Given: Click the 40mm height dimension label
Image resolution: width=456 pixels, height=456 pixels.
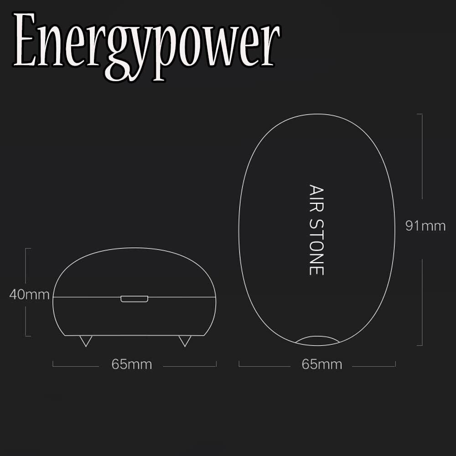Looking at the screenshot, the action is coord(29,295).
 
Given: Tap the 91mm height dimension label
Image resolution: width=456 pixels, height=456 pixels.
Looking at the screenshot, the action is coord(425,226).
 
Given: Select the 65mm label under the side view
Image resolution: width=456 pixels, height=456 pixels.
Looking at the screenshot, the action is coord(131,364).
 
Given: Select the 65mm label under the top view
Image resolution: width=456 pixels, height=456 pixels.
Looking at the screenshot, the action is coord(321,364).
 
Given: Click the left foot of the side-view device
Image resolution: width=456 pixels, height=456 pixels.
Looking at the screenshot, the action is coord(85,341).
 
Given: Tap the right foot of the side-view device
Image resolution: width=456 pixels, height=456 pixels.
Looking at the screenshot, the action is coord(184,341).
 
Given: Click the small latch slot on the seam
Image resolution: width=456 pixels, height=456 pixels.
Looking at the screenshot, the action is coord(135,299).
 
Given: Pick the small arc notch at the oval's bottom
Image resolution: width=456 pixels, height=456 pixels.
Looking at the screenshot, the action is coord(317,340).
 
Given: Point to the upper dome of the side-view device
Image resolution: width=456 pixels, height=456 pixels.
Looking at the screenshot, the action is coord(135,271).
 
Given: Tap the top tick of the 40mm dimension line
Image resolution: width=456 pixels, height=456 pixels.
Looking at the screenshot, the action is coord(27,249).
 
